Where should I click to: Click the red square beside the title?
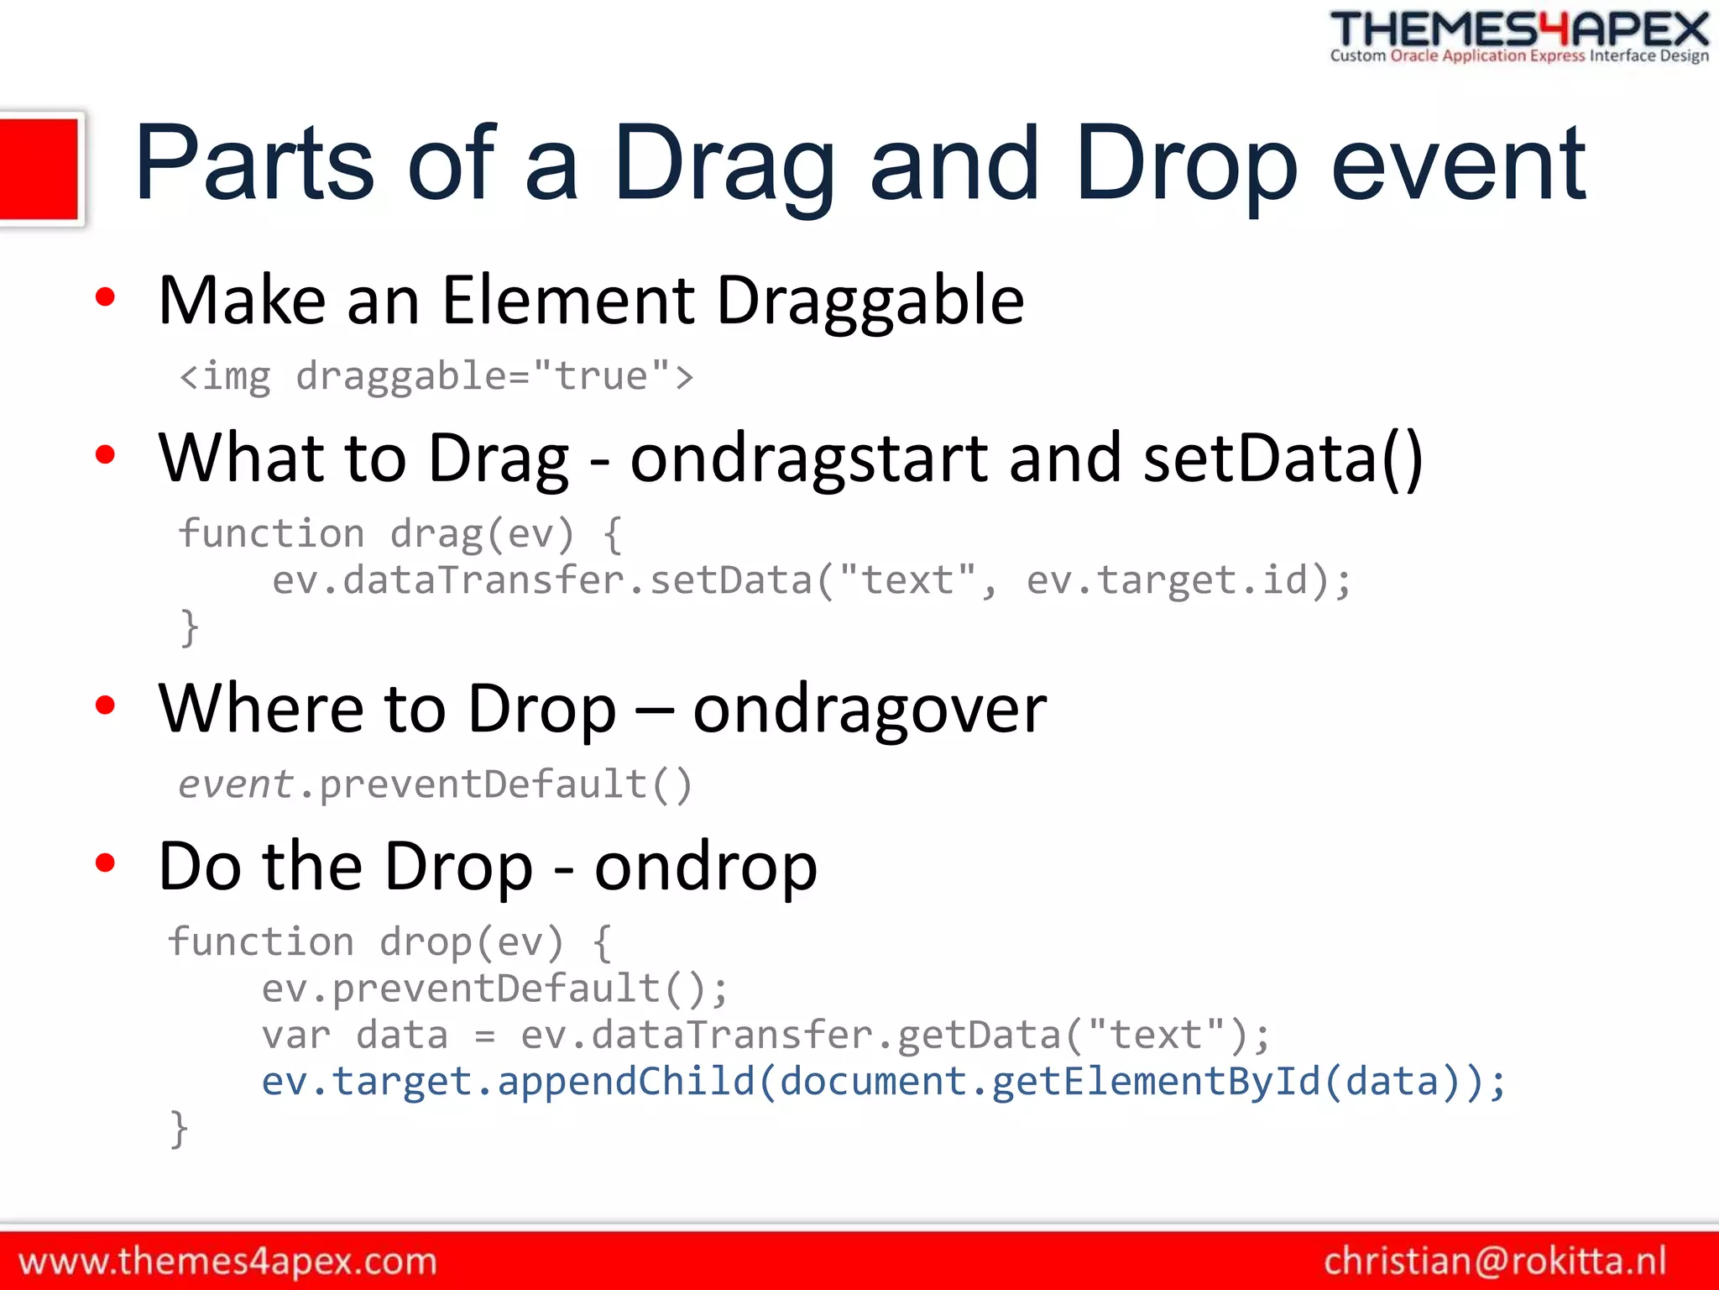coord(39,169)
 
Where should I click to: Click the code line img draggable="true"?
coord(436,376)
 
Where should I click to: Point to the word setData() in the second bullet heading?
coord(1283,459)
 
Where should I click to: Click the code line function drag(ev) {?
coord(400,534)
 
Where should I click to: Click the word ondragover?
coord(870,709)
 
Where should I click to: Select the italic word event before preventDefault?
coord(235,784)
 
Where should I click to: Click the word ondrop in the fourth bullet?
coord(705,867)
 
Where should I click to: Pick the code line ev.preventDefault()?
coord(495,988)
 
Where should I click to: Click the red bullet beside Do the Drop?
coord(105,863)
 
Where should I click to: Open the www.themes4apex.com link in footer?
coord(227,1261)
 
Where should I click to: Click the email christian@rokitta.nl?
coord(1495,1261)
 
